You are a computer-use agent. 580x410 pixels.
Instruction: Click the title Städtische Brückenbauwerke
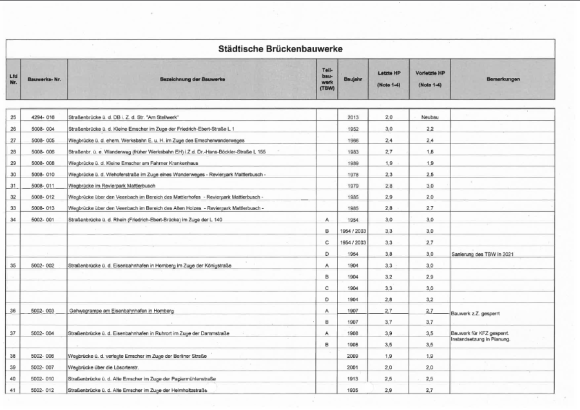(x=280, y=49)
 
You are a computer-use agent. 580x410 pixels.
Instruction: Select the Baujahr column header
(x=353, y=79)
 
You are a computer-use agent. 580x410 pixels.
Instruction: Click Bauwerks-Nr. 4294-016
(x=43, y=118)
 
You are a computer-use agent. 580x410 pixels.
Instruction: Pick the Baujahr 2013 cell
(x=353, y=118)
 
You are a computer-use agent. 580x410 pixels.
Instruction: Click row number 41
(x=13, y=390)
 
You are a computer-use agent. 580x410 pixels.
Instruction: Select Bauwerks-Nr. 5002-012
(x=43, y=390)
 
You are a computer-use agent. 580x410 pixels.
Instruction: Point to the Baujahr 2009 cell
(x=353, y=356)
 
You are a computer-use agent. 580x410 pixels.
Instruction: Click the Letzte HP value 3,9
(x=389, y=333)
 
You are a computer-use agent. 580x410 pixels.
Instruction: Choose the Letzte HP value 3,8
(x=389, y=254)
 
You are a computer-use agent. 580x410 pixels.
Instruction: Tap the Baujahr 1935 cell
(x=353, y=390)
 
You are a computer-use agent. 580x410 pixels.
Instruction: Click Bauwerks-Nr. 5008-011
(x=43, y=186)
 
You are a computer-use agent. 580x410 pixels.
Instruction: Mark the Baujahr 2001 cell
(x=353, y=367)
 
